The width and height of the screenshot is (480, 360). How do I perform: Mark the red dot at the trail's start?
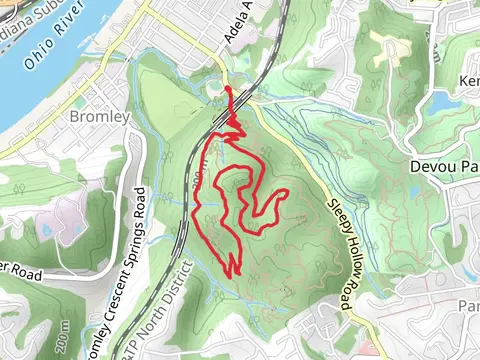tap(229, 90)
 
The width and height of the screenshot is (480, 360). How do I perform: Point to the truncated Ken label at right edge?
tap(469, 80)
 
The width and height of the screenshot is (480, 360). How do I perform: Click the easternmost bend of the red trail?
tap(288, 191)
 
